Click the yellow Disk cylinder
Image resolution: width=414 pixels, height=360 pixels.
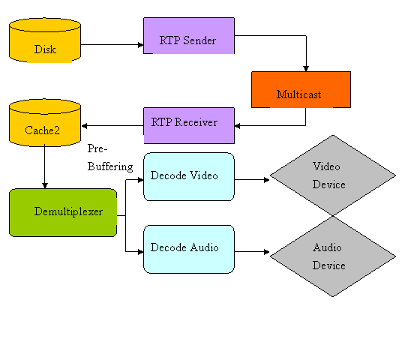pos(45,41)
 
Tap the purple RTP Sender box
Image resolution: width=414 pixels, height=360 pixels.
pos(188,36)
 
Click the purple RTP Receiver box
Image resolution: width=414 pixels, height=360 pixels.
pos(188,125)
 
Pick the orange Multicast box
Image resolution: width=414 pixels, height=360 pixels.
pos(301,89)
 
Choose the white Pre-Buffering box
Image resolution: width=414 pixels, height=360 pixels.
pos(111,157)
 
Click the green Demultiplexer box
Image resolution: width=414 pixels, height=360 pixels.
pos(63,212)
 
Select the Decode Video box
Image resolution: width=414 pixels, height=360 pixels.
pos(188,177)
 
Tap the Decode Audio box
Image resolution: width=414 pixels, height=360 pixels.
pos(188,248)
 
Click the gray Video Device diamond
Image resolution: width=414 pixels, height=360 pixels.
pos(332,175)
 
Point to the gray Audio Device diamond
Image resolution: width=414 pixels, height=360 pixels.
pos(332,256)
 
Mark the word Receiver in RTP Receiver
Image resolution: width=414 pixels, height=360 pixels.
pos(196,121)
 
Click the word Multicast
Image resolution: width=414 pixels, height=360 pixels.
pos(298,94)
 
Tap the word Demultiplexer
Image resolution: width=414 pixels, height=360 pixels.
pos(68,211)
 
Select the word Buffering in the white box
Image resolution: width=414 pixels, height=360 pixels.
pos(110,166)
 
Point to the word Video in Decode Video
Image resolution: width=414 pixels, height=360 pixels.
pos(203,175)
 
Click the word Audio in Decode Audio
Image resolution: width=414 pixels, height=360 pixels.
pos(203,247)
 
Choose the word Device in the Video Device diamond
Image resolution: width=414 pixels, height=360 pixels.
pos(329,184)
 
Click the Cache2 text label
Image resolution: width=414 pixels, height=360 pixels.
pos(42,130)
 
